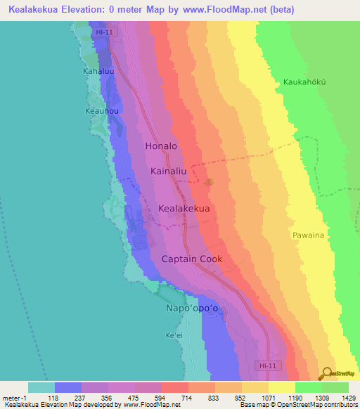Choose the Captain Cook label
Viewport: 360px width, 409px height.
pyautogui.click(x=192, y=259)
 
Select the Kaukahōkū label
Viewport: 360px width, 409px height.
pyautogui.click(x=306, y=82)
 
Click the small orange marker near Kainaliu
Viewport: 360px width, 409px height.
pyautogui.click(x=208, y=183)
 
